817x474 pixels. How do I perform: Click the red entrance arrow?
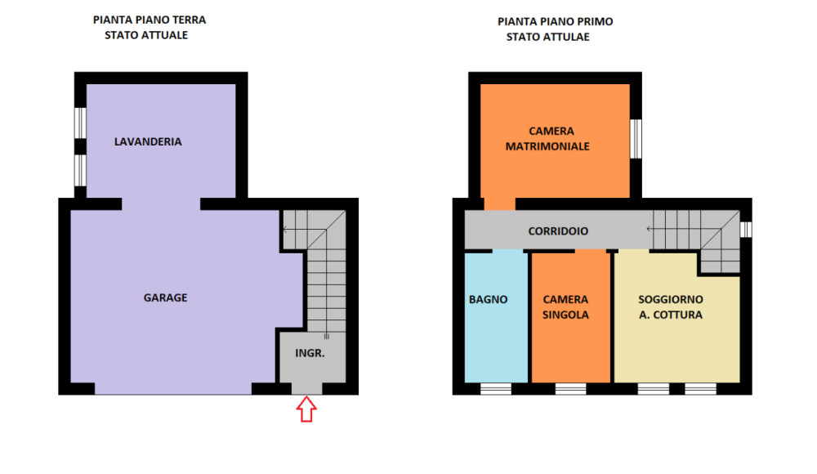click(306, 409)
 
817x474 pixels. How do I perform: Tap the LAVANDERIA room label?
click(148, 142)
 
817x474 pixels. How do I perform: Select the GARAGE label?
click(165, 297)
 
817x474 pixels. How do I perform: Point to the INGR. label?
click(310, 354)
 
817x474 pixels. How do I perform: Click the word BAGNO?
click(489, 300)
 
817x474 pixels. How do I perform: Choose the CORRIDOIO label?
click(558, 231)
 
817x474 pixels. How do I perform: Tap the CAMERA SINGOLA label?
click(565, 307)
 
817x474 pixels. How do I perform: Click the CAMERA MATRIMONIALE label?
click(547, 139)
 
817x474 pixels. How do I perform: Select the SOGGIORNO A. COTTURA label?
click(671, 307)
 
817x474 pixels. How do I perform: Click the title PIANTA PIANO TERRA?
click(150, 20)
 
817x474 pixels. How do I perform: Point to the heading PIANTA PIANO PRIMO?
click(556, 22)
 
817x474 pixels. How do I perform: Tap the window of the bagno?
click(496, 389)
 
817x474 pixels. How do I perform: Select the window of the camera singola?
click(570, 389)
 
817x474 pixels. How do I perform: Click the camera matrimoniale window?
click(636, 139)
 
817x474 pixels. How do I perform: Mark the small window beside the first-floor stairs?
click(746, 230)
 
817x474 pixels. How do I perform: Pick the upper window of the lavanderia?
click(80, 123)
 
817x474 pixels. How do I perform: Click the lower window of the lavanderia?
click(80, 171)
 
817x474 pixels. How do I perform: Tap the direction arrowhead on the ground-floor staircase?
click(285, 230)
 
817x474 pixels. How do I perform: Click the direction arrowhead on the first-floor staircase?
click(649, 229)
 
